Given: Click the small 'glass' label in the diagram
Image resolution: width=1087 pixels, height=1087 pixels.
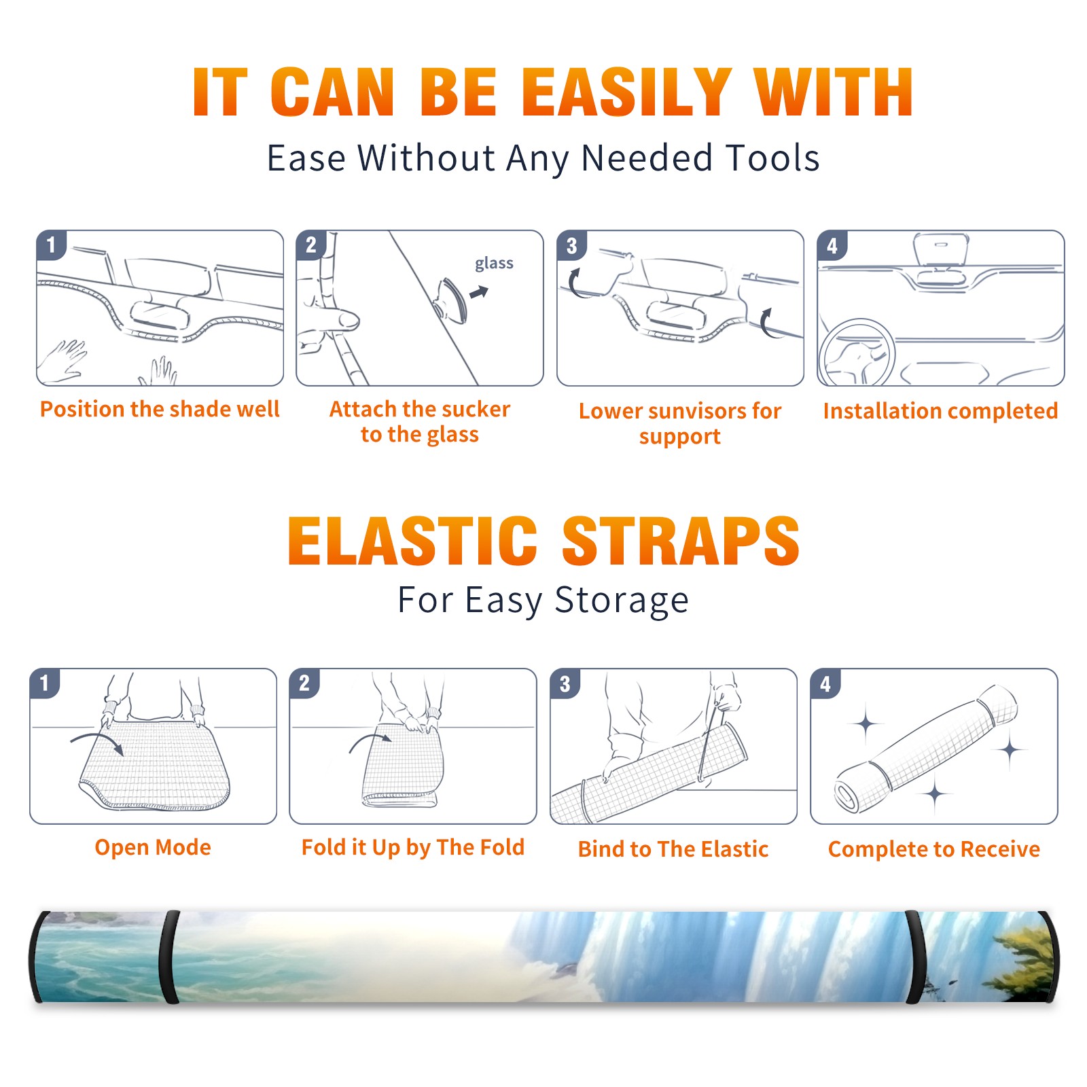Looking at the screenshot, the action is pos(494,264).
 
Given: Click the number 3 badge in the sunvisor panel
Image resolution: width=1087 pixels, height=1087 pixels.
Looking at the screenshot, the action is pos(571,245).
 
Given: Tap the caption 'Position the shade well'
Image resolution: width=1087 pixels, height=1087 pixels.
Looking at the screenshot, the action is pos(160,409).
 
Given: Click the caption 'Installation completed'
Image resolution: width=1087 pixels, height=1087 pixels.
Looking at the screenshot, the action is pos(940,410).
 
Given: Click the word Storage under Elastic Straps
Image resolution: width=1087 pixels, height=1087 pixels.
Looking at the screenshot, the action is pos(622,600).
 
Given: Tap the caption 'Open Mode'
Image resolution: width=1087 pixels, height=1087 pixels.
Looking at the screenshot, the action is pos(153,847).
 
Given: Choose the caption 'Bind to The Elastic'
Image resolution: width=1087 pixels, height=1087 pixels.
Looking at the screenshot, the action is pos(673,849).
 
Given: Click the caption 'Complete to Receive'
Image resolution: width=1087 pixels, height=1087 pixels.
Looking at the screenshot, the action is pos(934,849).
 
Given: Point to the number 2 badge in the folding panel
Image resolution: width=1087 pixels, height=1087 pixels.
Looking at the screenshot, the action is pos(304,683).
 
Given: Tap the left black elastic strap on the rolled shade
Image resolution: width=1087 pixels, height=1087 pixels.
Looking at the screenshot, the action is pos(171,957).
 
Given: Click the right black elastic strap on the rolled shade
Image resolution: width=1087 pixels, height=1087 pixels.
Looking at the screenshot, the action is pos(915,957).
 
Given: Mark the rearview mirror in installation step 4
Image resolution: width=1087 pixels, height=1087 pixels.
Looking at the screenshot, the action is pos(941,249).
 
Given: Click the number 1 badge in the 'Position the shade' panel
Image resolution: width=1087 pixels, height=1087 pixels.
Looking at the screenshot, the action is pos(51,245).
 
